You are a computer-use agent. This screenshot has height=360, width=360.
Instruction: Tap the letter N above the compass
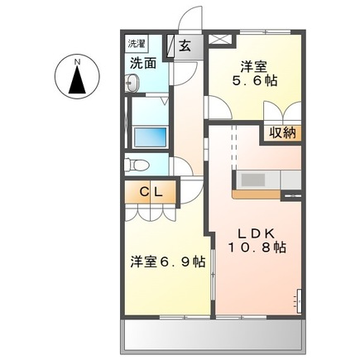coord(77,60)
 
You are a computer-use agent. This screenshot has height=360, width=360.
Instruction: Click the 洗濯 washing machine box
coord(137,41)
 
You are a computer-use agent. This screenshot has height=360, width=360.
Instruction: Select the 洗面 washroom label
coord(142,62)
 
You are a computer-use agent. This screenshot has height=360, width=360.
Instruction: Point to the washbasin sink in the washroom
coord(132,81)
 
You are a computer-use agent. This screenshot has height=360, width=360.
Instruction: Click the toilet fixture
coord(136,165)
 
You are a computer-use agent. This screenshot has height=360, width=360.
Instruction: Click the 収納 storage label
coord(281,133)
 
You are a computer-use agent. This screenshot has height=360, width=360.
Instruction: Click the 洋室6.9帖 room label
coord(166,262)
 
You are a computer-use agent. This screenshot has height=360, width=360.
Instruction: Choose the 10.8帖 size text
coord(258,247)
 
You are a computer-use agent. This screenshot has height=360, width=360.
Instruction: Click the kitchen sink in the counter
coord(252,180)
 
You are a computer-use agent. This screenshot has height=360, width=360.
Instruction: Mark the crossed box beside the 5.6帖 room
coord(219,37)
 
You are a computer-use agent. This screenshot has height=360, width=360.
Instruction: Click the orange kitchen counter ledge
coord(257,194)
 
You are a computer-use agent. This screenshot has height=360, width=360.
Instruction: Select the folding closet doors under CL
coord(152,212)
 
